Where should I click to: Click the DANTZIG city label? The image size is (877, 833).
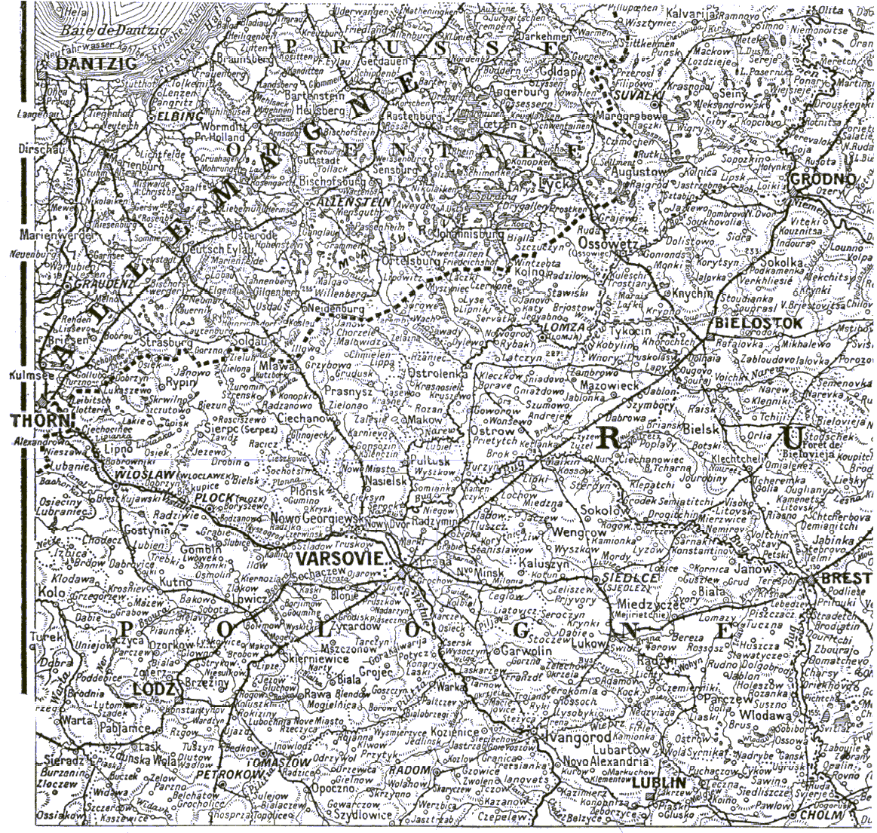(x=96, y=65)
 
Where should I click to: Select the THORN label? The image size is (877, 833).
(x=38, y=419)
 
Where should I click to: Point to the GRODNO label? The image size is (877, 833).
(x=824, y=179)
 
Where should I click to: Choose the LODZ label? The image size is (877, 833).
(x=154, y=689)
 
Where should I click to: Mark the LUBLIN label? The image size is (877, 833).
(x=659, y=783)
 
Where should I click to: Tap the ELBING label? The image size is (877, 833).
(x=181, y=117)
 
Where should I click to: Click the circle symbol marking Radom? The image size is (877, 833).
(x=435, y=771)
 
